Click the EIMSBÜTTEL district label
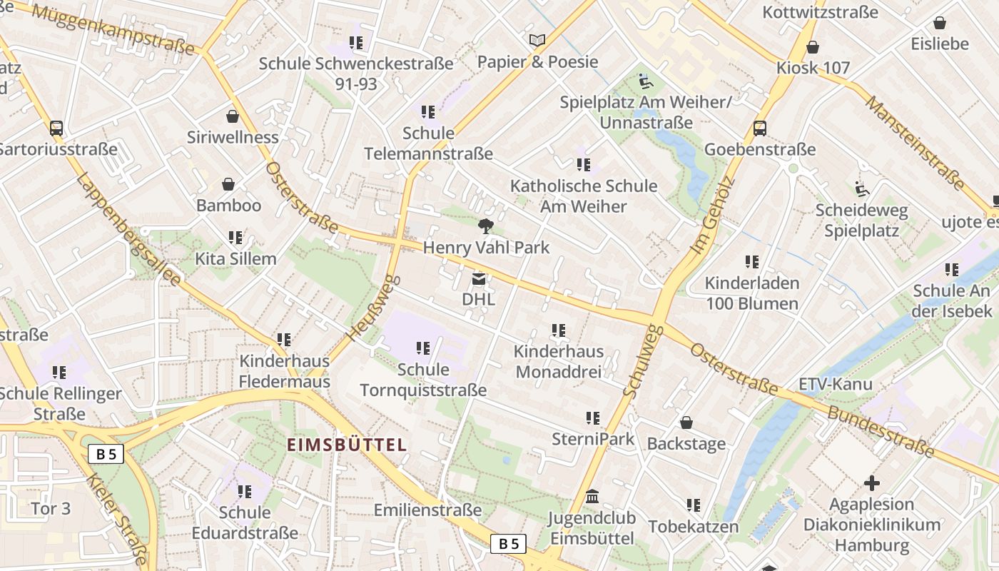(x=347, y=445)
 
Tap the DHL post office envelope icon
(x=478, y=278)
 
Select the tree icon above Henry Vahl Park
(x=486, y=227)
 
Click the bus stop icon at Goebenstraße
(x=760, y=128)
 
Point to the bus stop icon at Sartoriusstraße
(x=56, y=128)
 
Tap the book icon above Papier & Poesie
(x=537, y=41)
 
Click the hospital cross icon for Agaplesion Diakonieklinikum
(x=871, y=483)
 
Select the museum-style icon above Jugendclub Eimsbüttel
(x=592, y=496)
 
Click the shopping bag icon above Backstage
(x=686, y=423)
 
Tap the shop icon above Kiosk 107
(x=813, y=47)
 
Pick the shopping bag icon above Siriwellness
(x=232, y=116)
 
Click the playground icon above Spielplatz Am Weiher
(x=645, y=81)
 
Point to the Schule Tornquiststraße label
(x=423, y=380)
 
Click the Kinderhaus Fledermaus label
(x=284, y=371)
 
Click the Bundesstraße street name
(x=881, y=431)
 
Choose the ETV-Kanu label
(x=835, y=384)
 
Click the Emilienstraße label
(x=427, y=510)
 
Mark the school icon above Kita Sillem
(x=235, y=238)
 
